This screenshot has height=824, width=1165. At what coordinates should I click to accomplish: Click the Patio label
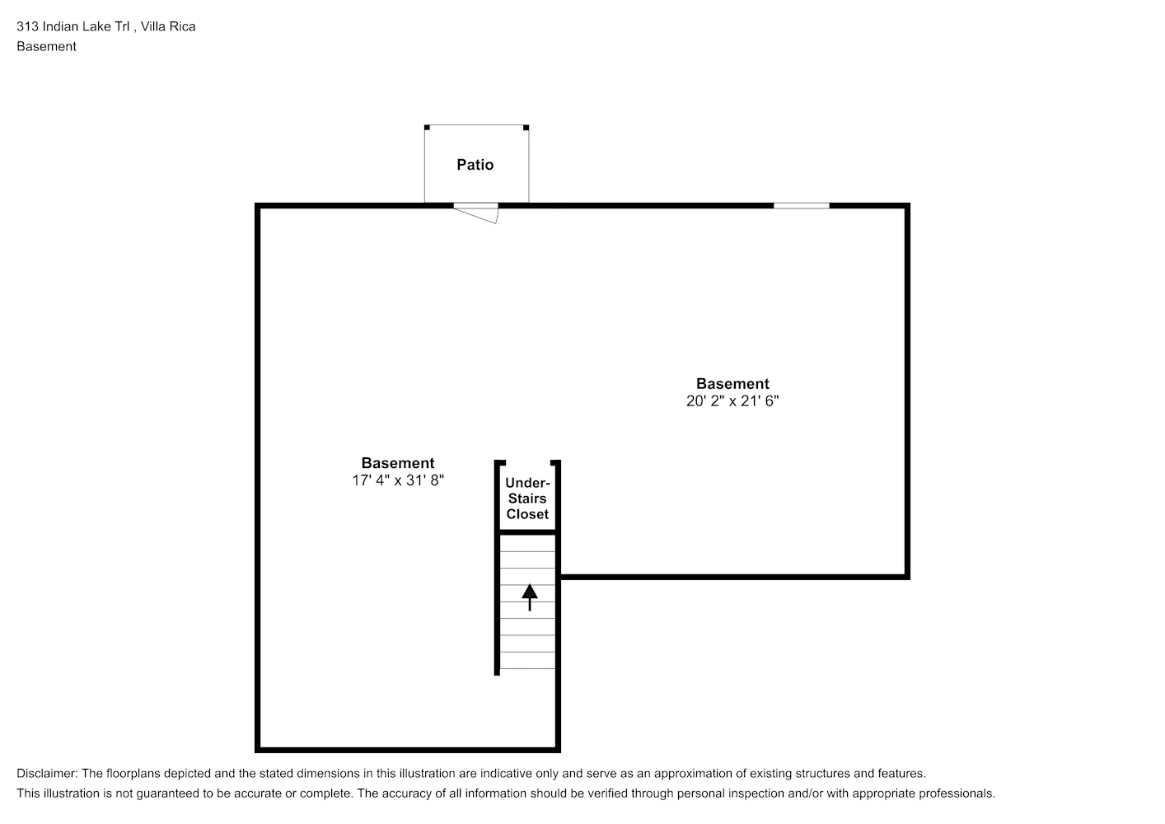[x=475, y=165]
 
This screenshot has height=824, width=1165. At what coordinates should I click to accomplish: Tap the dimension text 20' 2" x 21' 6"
[x=732, y=401]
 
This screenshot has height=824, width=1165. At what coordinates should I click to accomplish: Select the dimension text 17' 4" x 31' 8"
[x=398, y=480]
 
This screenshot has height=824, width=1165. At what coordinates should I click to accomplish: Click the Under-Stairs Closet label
[x=527, y=499]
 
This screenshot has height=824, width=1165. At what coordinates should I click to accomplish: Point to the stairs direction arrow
[x=530, y=597]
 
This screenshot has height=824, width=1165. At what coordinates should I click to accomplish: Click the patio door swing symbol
[x=476, y=213]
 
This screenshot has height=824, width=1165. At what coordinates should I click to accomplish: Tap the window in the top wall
[x=802, y=206]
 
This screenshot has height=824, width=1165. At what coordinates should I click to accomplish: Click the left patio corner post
[x=427, y=128]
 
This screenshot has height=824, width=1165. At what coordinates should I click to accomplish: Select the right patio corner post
[x=526, y=128]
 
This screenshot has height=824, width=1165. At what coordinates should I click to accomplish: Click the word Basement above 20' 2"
[x=732, y=384]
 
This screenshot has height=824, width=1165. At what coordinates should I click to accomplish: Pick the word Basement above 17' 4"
[x=398, y=463]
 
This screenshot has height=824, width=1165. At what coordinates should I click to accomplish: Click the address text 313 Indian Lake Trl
[x=73, y=26]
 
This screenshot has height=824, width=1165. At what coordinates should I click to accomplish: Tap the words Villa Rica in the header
[x=168, y=26]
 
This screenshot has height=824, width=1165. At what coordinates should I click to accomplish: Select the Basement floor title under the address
[x=46, y=46]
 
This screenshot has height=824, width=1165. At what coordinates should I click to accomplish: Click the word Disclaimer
[x=47, y=774]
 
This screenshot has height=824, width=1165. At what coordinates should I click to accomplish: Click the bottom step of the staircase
[x=527, y=660]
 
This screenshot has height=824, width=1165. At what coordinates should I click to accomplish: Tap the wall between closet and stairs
[x=527, y=532]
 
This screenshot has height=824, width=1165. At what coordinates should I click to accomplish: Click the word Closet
[x=527, y=514]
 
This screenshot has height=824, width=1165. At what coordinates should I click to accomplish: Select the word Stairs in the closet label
[x=527, y=499]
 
